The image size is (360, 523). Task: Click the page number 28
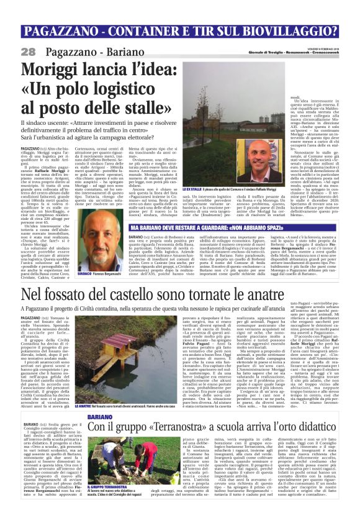pyautogui.click(x=29, y=51)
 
